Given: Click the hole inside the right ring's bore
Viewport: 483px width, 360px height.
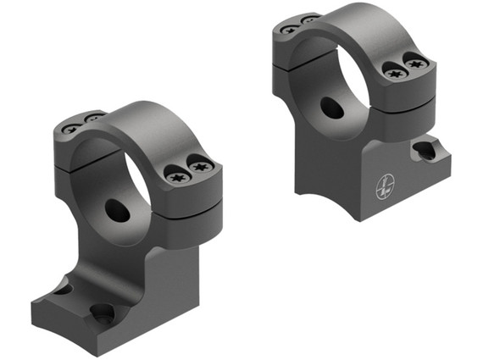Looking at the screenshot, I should click(x=331, y=107).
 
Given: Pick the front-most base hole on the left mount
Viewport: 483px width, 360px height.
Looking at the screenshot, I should click(x=103, y=314).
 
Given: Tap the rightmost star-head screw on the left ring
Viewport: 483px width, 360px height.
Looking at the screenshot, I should click(x=200, y=167).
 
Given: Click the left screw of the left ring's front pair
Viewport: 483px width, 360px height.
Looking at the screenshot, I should click(x=177, y=177).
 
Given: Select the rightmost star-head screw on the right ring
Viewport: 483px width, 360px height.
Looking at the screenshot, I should click(x=414, y=63).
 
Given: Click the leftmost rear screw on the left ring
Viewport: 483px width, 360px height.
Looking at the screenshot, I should click(x=71, y=129).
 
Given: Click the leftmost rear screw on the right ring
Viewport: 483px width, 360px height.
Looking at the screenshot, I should click(x=289, y=29).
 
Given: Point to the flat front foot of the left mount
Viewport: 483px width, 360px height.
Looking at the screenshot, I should click(x=76, y=326).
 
